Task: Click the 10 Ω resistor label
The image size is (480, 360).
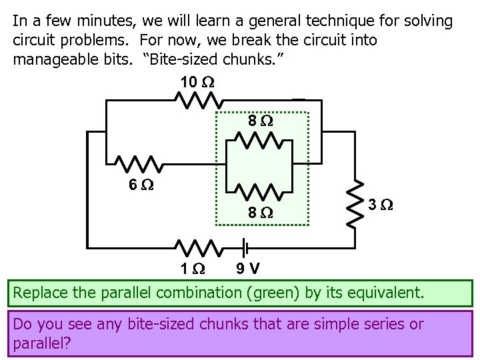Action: point(198,83)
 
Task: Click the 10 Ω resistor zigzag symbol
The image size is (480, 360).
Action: point(198,101)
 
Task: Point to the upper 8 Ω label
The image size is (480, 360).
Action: point(260,121)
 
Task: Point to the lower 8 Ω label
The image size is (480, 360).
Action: point(260,213)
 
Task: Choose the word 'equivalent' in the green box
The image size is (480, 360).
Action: point(387,292)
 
